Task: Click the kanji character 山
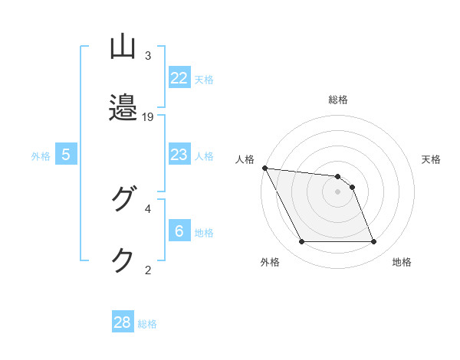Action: click(x=123, y=47)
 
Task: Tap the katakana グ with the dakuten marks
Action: click(x=123, y=200)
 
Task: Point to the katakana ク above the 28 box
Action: click(x=123, y=260)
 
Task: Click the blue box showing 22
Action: click(x=179, y=77)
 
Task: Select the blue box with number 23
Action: click(x=179, y=155)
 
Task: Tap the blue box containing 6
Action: click(x=179, y=231)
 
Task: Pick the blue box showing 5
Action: click(x=66, y=155)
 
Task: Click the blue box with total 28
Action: click(x=123, y=322)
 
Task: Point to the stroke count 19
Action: click(x=149, y=116)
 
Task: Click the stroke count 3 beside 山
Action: click(x=148, y=56)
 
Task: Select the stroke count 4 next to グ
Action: click(x=148, y=208)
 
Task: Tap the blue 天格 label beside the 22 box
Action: click(x=204, y=79)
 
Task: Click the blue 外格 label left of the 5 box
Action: click(x=41, y=155)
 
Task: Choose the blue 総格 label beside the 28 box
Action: click(x=147, y=324)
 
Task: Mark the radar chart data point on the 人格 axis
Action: click(x=264, y=168)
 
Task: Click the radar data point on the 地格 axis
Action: click(x=373, y=242)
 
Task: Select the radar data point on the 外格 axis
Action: click(x=301, y=242)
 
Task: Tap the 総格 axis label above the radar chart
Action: click(x=337, y=100)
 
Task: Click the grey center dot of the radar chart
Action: click(x=337, y=191)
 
